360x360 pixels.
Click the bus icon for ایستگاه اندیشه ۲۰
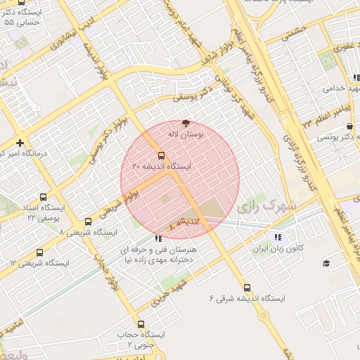162,155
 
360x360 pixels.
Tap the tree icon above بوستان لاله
185,122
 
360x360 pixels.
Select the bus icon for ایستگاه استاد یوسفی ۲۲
44,198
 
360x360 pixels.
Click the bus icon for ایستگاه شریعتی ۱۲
39,252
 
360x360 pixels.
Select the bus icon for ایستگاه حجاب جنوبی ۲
141,324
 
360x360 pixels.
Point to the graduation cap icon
326,263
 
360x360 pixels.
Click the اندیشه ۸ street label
184,224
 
